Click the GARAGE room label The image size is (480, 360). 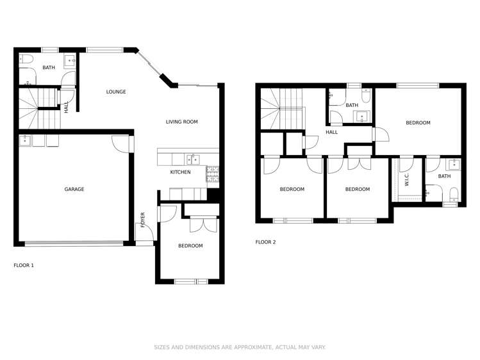click(x=74, y=189)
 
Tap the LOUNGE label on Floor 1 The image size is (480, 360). click(x=116, y=92)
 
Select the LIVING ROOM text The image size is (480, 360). click(x=181, y=122)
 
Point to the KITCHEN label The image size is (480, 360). click(x=180, y=172)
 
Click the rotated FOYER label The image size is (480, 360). click(x=143, y=219)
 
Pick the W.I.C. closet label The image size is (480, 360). click(x=406, y=181)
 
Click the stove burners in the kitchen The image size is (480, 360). click(x=212, y=173)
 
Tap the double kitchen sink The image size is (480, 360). click(x=193, y=160)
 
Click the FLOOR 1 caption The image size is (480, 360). click(x=24, y=265)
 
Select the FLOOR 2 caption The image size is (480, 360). click(x=265, y=242)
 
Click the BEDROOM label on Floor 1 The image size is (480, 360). click(x=190, y=246)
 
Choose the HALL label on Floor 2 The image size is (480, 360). click(x=331, y=132)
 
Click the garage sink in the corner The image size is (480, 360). click(x=24, y=140)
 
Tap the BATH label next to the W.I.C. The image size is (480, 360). click(x=444, y=176)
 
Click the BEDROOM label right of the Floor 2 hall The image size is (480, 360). click(x=418, y=122)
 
